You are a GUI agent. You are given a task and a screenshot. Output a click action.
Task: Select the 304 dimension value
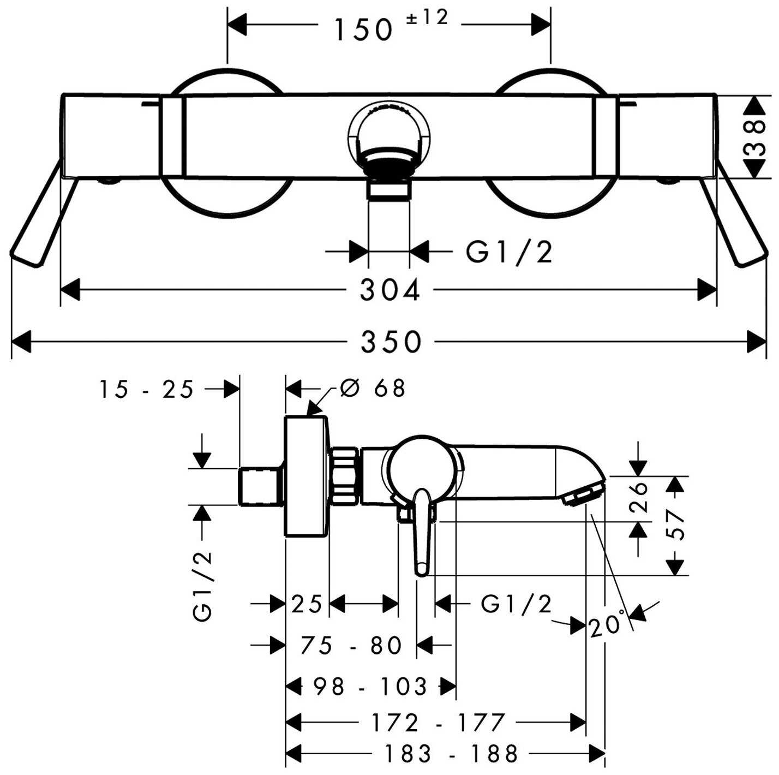click(390, 290)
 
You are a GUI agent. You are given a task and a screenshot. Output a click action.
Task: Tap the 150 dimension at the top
click(363, 31)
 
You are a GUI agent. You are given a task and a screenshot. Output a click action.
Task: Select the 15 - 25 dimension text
click(146, 390)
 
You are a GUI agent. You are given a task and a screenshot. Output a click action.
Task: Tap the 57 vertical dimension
click(676, 524)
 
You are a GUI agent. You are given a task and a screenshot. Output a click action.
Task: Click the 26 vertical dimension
click(639, 497)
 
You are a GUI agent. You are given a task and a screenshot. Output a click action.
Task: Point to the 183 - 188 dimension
click(451, 754)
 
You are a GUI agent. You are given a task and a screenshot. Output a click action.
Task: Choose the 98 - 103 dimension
click(371, 687)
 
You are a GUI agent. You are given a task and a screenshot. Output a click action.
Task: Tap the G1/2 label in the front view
click(509, 252)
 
